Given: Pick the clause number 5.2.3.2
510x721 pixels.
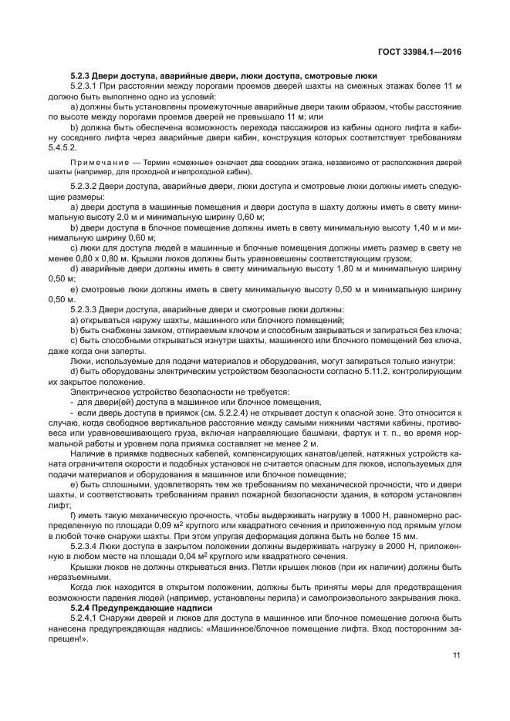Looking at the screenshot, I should (85, 187).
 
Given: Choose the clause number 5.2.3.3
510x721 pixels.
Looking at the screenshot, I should (85, 308).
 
